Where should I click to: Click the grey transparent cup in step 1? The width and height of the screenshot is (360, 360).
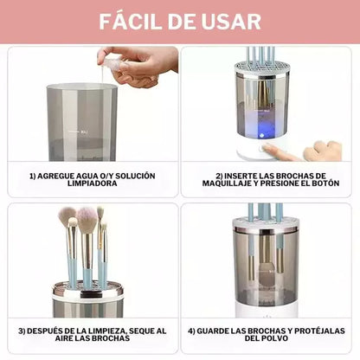point(81,121)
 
